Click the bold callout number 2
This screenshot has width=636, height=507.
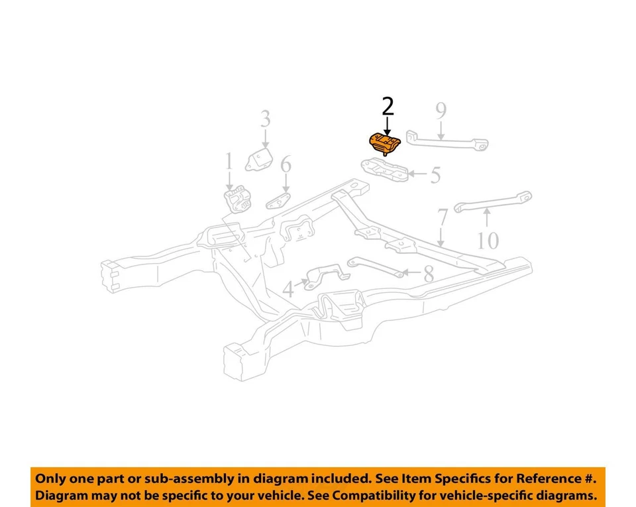(x=388, y=106)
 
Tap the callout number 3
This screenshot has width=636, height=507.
(x=265, y=119)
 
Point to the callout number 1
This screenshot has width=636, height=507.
(x=229, y=161)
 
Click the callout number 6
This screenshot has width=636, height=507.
(x=286, y=164)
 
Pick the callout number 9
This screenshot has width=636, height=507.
(x=441, y=110)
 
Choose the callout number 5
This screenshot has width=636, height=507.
(x=435, y=175)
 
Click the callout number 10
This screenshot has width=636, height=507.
(x=488, y=240)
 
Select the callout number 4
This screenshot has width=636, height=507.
(x=288, y=290)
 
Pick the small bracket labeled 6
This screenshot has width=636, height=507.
(x=279, y=201)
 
